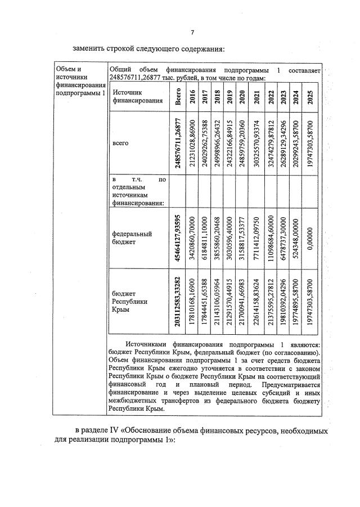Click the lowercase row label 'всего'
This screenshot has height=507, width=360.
(121, 143)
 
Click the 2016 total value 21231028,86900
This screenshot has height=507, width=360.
(193, 143)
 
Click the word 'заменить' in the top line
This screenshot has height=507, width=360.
(88, 47)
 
